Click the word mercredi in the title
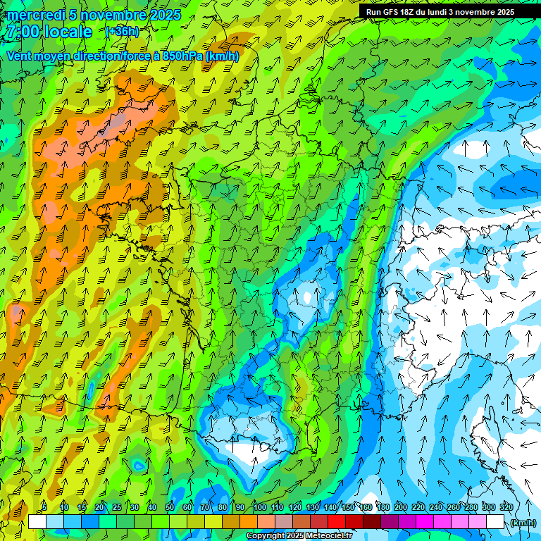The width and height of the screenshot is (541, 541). (35, 15)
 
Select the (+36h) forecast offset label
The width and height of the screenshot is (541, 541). (122, 32)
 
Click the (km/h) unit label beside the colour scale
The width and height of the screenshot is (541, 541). (522, 522)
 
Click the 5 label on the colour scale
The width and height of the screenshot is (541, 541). (44, 508)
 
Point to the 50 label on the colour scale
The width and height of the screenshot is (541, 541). (170, 508)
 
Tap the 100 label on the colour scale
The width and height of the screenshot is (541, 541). (260, 508)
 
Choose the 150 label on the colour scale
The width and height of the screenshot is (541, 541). (348, 508)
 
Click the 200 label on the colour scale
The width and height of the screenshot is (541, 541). (401, 508)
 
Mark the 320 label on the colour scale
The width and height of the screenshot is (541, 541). (506, 508)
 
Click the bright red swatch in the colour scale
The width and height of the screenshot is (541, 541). (336, 522)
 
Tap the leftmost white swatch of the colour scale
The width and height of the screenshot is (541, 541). (37, 522)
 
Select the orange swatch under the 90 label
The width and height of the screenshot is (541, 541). (248, 522)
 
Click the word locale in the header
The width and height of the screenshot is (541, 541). (68, 32)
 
